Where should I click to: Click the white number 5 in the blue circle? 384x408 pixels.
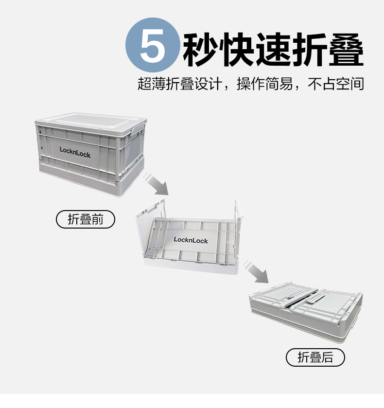153,46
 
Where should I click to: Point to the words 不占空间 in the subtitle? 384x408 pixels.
335,84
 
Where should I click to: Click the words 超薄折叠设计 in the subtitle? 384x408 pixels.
180,84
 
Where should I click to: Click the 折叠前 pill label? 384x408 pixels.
86,219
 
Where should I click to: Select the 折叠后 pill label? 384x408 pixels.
315,357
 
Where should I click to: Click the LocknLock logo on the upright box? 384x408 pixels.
75,152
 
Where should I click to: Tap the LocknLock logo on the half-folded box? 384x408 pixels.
191,240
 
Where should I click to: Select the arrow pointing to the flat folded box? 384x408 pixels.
256,271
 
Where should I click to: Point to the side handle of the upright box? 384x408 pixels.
139,129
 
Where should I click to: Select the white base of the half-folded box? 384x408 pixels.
191,266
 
